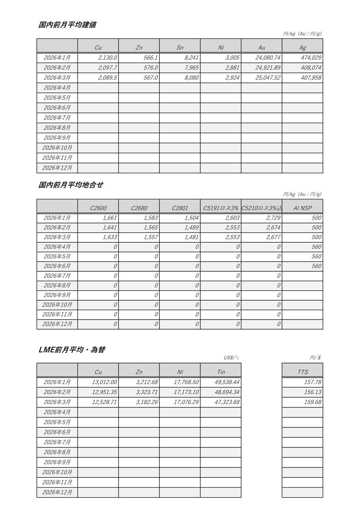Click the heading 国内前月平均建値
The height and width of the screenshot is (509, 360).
[67, 25]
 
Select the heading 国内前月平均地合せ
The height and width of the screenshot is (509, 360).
[70, 185]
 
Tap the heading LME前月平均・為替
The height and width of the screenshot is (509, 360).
[72, 350]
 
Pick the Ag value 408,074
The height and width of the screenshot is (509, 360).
[311, 68]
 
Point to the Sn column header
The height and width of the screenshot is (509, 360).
[180, 47]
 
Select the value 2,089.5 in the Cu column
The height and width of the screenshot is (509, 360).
[107, 78]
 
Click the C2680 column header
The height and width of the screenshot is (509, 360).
[139, 208]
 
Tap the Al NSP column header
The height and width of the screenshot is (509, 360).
[302, 208]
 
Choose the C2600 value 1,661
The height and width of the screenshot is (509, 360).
[110, 218]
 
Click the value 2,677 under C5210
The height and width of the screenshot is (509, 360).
[273, 237]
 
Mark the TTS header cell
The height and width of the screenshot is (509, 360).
[302, 372]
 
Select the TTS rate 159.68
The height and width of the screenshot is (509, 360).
[313, 402]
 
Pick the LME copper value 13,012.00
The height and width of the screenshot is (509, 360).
[104, 382]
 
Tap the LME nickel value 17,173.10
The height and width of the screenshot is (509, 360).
[186, 392]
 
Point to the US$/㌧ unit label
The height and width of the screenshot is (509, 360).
[231, 358]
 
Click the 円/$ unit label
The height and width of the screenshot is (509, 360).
[315, 358]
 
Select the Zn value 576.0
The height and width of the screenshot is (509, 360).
[150, 68]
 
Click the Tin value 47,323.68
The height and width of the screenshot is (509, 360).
[227, 402]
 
